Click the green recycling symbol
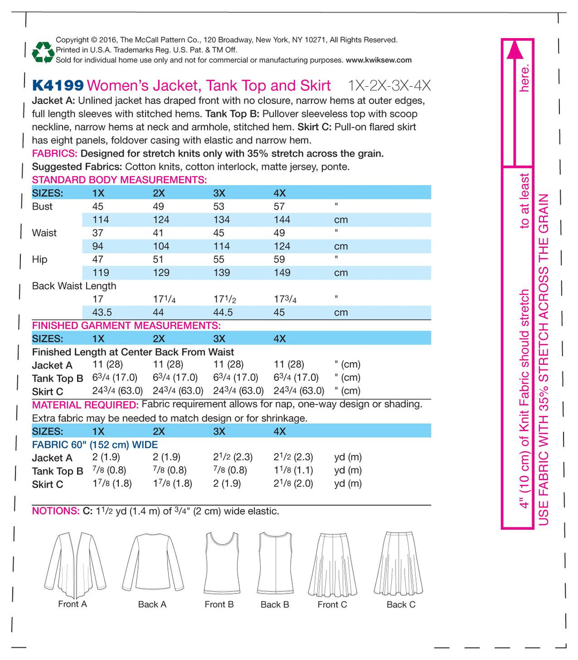click(43, 51)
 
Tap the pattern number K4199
click(58, 86)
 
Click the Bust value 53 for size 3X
click(219, 206)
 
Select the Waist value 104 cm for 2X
click(161, 246)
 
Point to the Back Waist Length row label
click(74, 286)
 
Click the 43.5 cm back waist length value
click(101, 312)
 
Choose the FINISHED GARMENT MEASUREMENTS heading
click(126, 326)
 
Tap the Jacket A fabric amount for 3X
click(233, 457)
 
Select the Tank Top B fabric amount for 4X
click(293, 470)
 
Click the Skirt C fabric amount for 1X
click(112, 483)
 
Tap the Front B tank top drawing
click(219, 562)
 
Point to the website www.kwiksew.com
click(378, 60)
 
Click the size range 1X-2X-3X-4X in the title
click(389, 86)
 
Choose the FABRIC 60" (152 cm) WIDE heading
click(95, 445)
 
